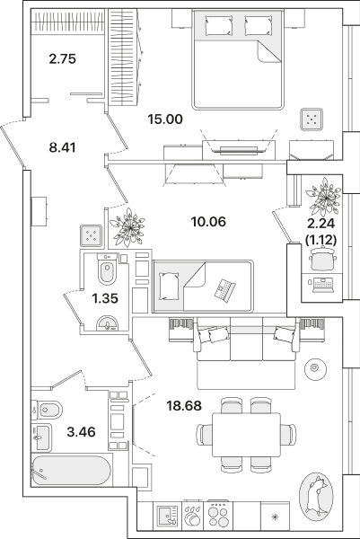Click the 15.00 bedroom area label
click(165, 119)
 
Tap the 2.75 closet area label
click(62, 58)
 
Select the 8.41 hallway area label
click(62, 148)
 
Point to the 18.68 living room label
click(184, 406)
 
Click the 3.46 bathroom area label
click(81, 431)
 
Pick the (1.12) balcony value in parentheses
click(320, 240)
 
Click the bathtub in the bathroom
click(72, 470)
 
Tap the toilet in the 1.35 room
click(107, 269)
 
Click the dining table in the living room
click(246, 435)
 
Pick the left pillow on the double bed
click(219, 25)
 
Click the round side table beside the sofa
click(314, 368)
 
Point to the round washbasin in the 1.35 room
click(107, 323)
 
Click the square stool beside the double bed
click(312, 119)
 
